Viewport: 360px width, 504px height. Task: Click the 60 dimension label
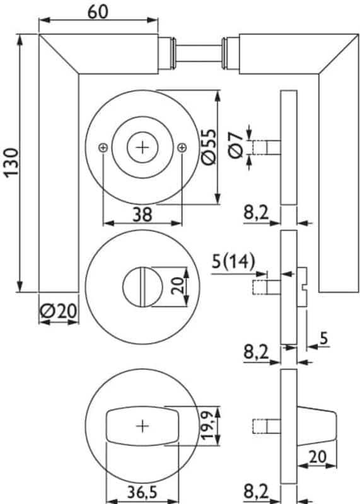pyautogui.click(x=98, y=12)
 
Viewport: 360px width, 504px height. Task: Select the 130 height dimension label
pyautogui.click(x=12, y=163)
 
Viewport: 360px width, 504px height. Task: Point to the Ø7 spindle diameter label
pyautogui.click(x=236, y=146)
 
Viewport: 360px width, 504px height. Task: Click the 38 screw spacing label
pyautogui.click(x=142, y=214)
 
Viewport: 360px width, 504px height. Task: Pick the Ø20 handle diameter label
pyautogui.click(x=59, y=311)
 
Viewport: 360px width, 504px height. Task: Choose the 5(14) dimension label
pyautogui.click(x=233, y=261)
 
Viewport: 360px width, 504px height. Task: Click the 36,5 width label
pyautogui.click(x=142, y=492)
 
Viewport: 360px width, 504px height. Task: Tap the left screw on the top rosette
pyautogui.click(x=103, y=148)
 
